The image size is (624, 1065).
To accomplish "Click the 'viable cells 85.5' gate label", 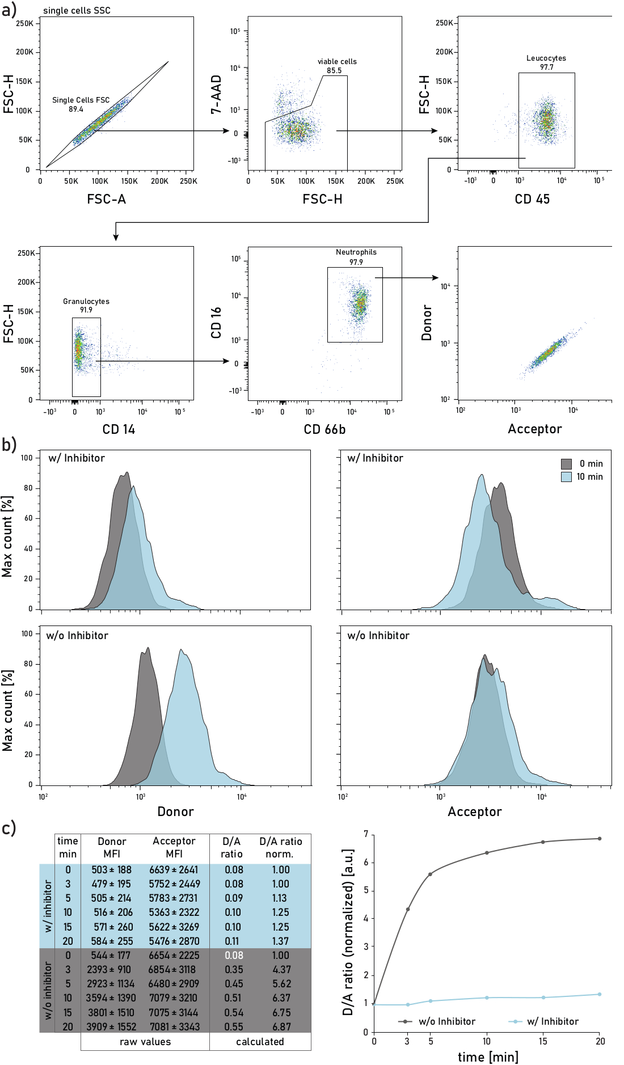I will [x=337, y=66].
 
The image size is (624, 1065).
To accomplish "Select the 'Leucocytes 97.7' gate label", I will [x=546, y=62].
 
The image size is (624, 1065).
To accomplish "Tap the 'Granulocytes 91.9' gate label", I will [x=86, y=306].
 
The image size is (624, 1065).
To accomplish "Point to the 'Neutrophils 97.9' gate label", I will [x=356, y=257].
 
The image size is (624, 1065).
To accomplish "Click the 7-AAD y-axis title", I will [x=216, y=95].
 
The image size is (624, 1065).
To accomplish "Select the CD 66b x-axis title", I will [x=324, y=429].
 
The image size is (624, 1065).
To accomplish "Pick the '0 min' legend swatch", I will [x=566, y=464].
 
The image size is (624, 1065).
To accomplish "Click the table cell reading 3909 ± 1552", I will [x=111, y=1026].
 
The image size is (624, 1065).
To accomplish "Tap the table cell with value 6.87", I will [x=281, y=1026].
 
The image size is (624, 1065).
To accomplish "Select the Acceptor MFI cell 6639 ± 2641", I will [x=174, y=870].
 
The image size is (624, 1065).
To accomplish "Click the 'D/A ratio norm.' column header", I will [x=280, y=847].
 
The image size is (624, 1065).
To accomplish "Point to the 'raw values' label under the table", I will [x=145, y=1042].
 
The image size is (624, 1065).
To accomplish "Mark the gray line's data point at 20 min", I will [x=600, y=838].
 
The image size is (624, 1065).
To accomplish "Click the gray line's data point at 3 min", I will [x=407, y=909].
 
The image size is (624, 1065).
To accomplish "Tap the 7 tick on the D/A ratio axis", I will [x=366, y=834].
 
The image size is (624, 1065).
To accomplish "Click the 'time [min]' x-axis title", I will [x=488, y=1056].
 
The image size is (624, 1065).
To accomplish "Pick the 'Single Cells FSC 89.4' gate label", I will [x=81, y=104].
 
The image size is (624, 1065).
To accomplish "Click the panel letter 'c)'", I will [x=9, y=829].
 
